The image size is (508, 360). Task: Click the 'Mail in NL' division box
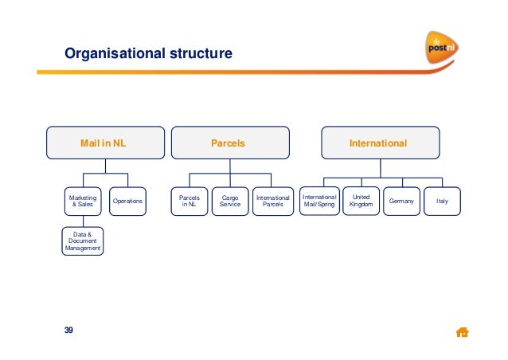point(103,144)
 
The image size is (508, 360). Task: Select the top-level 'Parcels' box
point(227,144)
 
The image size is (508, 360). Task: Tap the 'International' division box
point(379,144)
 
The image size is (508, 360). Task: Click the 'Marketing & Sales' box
point(83,202)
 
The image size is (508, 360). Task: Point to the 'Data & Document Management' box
point(83,241)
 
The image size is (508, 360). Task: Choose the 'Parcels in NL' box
point(189,202)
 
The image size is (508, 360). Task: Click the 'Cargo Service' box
point(230,202)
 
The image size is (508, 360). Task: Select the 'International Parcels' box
point(272,202)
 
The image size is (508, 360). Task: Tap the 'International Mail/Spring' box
point(320,202)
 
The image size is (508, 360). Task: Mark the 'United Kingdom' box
point(360,202)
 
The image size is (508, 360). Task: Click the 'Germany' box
point(401,202)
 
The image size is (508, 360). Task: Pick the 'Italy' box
point(442,202)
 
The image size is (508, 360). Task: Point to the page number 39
point(68,331)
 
